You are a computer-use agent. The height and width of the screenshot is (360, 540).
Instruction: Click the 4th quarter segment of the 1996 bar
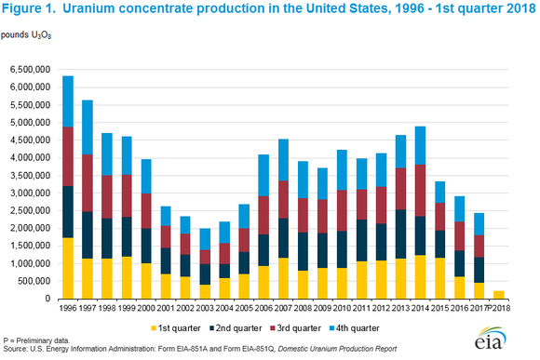pyautogui.click(x=68, y=100)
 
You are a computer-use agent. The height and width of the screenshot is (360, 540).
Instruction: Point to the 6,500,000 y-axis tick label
pyautogui.click(x=30, y=69)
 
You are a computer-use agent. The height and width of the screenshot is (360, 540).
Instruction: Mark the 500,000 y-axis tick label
pyautogui.click(x=34, y=281)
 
